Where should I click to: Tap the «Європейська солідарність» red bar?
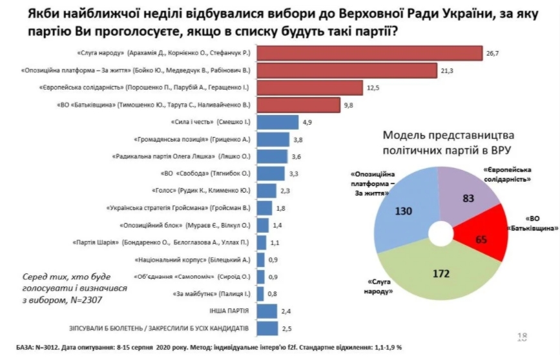(x=307, y=87)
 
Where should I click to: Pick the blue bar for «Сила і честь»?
(x=278, y=122)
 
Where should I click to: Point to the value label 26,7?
(x=493, y=52)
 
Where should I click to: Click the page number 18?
(x=523, y=336)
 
